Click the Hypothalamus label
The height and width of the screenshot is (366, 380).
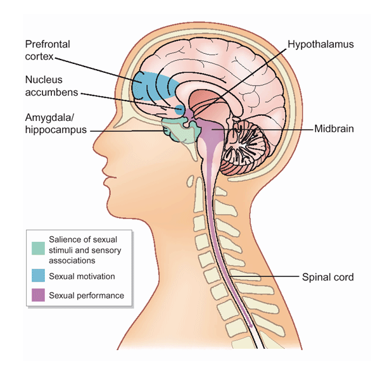[320, 46]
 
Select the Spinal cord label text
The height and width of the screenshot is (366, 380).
[328, 277]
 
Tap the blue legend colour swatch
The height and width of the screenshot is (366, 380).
[38, 276]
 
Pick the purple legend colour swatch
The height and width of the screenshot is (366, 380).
[38, 295]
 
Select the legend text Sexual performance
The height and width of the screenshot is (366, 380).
[86, 295]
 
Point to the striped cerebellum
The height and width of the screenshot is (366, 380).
[250, 139]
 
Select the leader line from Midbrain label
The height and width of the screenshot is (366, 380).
[266, 129]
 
